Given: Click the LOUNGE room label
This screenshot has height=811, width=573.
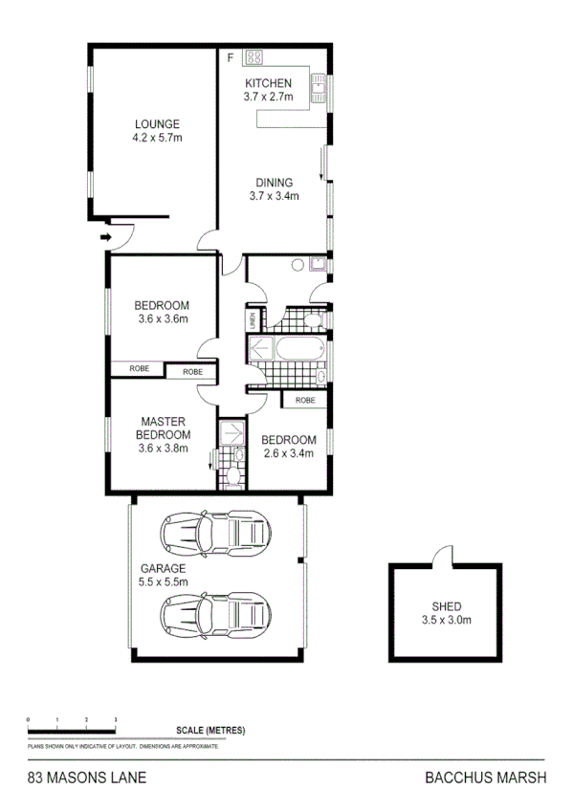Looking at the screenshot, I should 157,124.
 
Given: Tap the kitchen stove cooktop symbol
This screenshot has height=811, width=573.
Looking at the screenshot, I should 253,57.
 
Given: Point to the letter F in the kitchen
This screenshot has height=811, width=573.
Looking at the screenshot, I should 230,58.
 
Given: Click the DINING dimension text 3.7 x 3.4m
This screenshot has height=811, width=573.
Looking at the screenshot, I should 274,197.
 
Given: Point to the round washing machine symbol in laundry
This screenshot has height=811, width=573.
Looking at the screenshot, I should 298,265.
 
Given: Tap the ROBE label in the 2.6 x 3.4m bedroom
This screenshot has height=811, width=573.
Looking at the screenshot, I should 305,400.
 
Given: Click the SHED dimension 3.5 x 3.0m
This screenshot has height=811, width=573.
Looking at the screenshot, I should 447,620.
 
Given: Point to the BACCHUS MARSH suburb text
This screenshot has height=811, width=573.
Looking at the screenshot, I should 485,778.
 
